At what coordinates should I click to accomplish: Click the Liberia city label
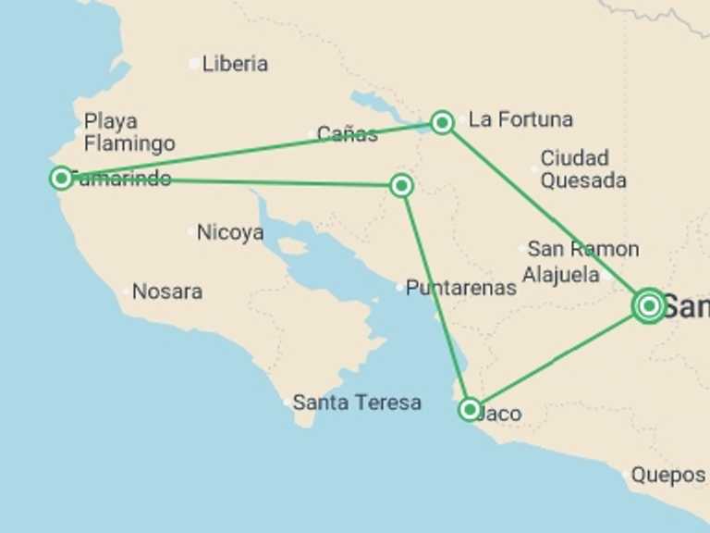pyautogui.click(x=235, y=64)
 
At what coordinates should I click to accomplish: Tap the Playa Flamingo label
pyautogui.click(x=129, y=132)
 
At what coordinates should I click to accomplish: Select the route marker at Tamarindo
pyautogui.click(x=61, y=178)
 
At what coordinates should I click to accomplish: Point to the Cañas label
pyautogui.click(x=347, y=134)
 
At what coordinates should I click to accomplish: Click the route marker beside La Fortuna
pyautogui.click(x=442, y=122)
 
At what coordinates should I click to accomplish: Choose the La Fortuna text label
pyautogui.click(x=520, y=119)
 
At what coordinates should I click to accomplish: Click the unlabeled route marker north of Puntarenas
pyautogui.click(x=401, y=186)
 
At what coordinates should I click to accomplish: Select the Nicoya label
pyautogui.click(x=230, y=232)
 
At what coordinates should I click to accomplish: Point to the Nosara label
pyautogui.click(x=167, y=291)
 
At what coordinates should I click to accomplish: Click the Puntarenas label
pyautogui.click(x=461, y=288)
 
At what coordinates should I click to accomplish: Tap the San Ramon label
pyautogui.click(x=583, y=249)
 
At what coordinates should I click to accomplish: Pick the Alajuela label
pyautogui.click(x=561, y=275)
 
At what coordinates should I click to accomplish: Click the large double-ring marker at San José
pyautogui.click(x=649, y=305)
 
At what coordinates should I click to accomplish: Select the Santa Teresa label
pyautogui.click(x=357, y=403)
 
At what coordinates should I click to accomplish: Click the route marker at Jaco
pyautogui.click(x=470, y=409)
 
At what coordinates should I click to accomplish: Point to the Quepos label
pyautogui.click(x=667, y=475)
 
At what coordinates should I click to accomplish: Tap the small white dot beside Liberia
pyautogui.click(x=193, y=64)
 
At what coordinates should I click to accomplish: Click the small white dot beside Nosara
pyautogui.click(x=127, y=292)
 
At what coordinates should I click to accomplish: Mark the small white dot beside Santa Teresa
pyautogui.click(x=287, y=403)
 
